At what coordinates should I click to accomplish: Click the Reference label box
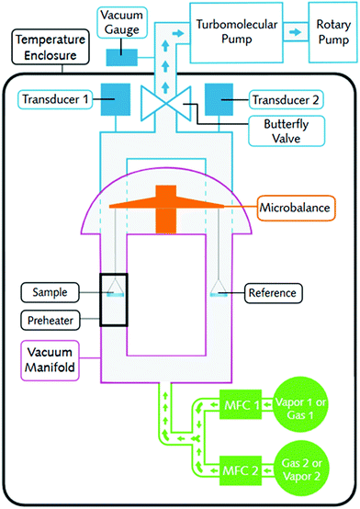pos(275,293)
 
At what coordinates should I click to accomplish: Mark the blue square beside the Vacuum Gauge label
pos(122,56)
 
